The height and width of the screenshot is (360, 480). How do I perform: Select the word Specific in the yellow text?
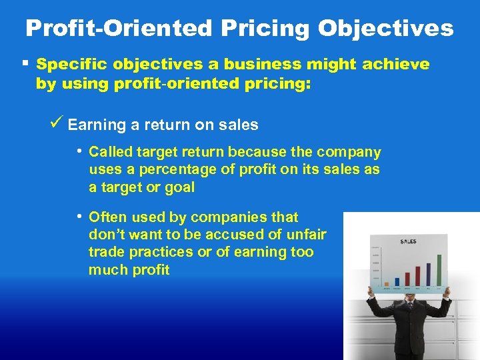coord(71,65)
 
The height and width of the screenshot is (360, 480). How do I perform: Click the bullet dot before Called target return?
coord(79,151)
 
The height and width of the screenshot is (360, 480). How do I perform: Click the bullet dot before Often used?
coord(79,216)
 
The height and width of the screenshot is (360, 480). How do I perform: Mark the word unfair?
coord(307,235)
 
